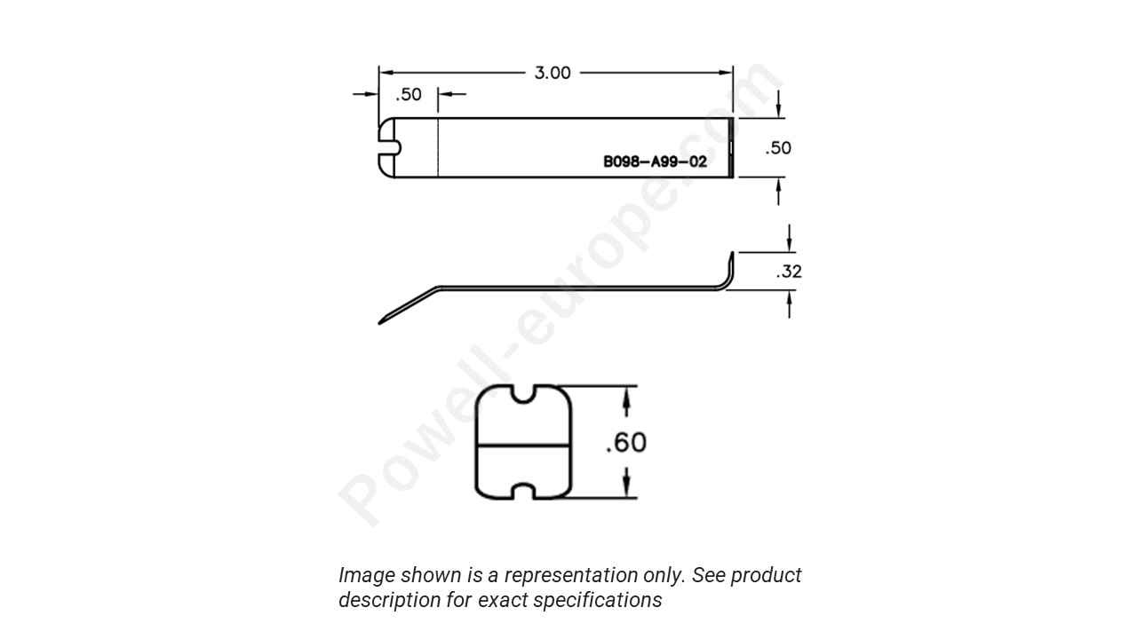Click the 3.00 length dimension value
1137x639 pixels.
pos(552,73)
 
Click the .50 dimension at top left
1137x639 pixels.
pos(409,95)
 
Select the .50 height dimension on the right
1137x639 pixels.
pos(778,148)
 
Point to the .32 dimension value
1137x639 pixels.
pos(789,272)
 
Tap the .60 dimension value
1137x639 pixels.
pos(626,441)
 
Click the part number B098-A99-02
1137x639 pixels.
pos(656,162)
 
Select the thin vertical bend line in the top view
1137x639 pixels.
pos(439,147)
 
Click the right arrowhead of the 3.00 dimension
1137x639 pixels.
pos(728,73)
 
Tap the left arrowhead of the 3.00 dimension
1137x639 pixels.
pos(385,73)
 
